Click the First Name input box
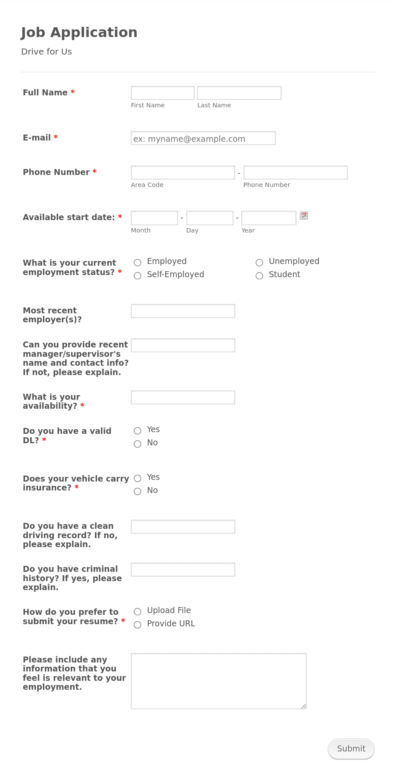click(162, 93)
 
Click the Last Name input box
click(239, 93)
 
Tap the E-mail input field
click(203, 138)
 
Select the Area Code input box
click(183, 172)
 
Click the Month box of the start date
click(154, 218)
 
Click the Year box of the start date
click(268, 218)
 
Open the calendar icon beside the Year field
click(304, 215)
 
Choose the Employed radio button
click(138, 263)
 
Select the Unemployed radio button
click(259, 263)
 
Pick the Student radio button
click(259, 276)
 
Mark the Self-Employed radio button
click(138, 276)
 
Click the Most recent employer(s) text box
click(183, 311)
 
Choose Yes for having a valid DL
click(138, 431)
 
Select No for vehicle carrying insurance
click(138, 492)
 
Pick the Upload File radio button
click(138, 612)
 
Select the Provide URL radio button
click(138, 625)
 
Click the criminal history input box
click(183, 570)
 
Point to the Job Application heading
click(79, 32)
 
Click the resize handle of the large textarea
click(304, 706)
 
